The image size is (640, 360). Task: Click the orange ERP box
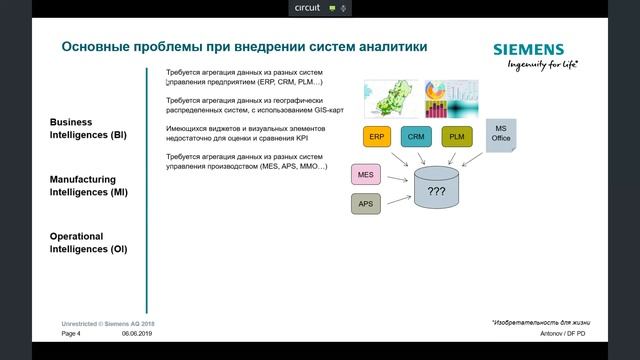click(x=376, y=137)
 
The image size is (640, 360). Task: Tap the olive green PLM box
click(x=456, y=137)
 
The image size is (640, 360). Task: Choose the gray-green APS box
click(x=366, y=204)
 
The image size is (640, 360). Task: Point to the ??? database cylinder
click(x=436, y=190)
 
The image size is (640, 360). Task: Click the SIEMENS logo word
click(x=528, y=50)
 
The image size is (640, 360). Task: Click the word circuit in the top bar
click(x=307, y=7)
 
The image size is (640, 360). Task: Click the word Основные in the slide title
click(x=99, y=47)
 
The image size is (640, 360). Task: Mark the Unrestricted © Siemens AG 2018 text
click(x=108, y=324)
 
